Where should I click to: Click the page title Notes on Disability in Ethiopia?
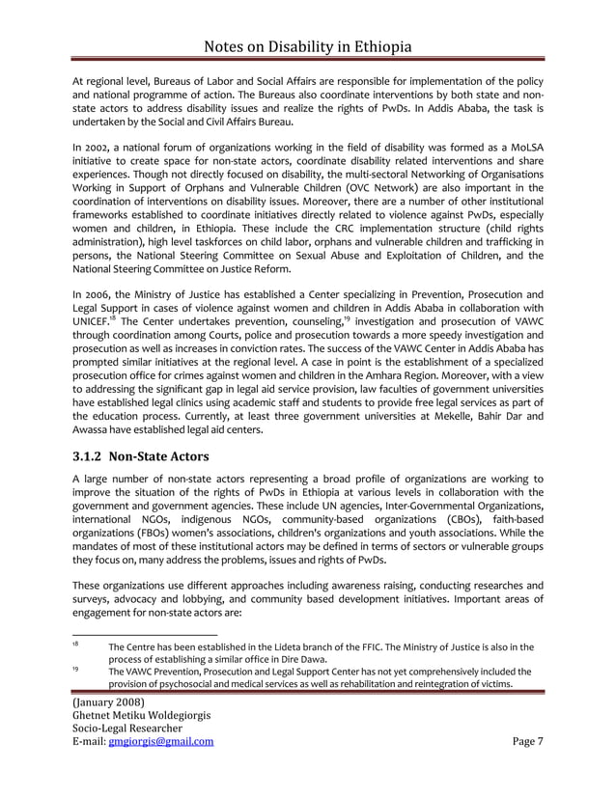pos(308,46)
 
